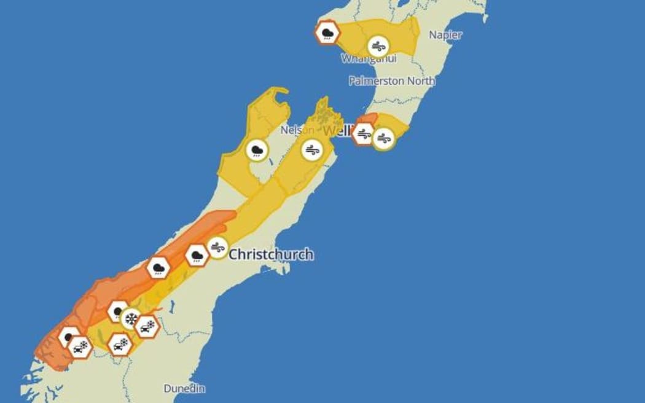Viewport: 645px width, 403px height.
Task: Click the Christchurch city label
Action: coord(271,254)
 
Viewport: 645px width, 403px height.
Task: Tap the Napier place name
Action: coord(445,35)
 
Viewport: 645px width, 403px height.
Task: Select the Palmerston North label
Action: coord(392,80)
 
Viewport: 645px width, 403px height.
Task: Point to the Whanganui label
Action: coord(369,59)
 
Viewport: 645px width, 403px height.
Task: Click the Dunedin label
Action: coord(184,389)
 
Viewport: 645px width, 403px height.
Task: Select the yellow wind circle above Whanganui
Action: coord(378,46)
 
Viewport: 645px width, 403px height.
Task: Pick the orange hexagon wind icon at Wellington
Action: coord(364,134)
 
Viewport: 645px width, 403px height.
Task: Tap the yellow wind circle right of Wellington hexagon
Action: coord(384,138)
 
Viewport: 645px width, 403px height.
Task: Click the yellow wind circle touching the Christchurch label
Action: coord(217,248)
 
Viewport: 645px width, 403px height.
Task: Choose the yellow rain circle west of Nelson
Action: coord(257,150)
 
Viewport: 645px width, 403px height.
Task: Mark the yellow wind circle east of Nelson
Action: coord(312,149)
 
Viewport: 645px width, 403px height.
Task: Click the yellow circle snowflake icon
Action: coord(131,318)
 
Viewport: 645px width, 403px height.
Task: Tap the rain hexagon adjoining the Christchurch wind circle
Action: coord(197,255)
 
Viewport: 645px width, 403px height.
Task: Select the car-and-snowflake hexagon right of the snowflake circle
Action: coord(147,327)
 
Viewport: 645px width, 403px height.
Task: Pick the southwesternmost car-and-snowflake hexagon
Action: coord(80,347)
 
